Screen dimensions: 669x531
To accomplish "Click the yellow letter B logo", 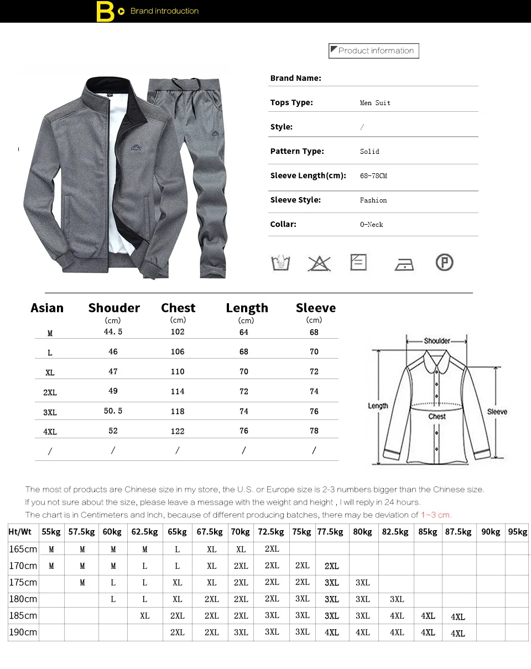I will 105,12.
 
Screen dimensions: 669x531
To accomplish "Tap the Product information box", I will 374,51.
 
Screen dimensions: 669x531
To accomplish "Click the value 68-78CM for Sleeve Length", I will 373,176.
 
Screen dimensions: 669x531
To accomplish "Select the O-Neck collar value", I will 371,225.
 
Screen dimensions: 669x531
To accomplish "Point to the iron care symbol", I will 404,264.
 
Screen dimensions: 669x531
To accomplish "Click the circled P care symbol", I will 444,262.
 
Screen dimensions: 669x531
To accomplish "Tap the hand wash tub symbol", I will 281,263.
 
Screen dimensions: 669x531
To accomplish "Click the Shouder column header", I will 114,308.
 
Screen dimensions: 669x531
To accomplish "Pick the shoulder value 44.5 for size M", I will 113,332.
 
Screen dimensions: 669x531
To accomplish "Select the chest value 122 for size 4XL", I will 178,431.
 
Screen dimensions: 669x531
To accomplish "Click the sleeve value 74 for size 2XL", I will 314,392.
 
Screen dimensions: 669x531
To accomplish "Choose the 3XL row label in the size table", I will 50,412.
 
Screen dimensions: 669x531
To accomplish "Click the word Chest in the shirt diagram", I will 437,417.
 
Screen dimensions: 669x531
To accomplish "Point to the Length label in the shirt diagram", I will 378,406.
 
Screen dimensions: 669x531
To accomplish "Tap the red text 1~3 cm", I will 436,515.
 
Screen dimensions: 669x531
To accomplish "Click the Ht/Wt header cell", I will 20,532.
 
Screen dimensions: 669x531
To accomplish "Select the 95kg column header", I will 518,532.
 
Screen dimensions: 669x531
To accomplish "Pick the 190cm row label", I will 23,632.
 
